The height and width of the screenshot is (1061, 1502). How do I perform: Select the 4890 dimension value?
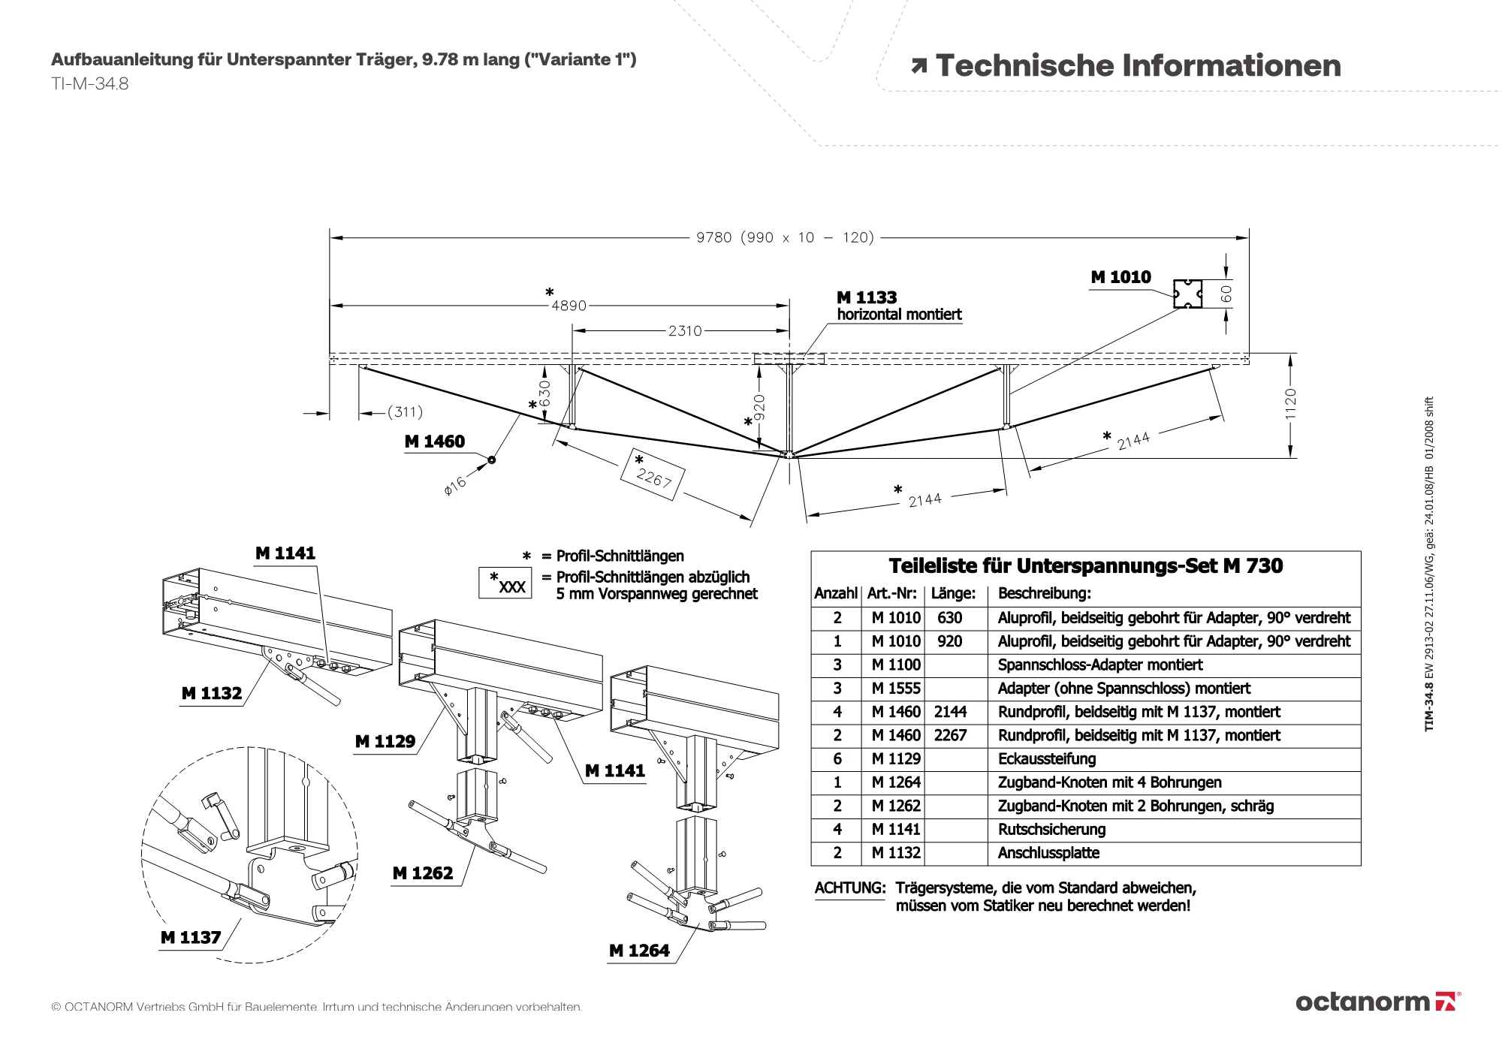point(569,306)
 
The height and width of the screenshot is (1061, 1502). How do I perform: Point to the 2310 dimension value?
point(685,330)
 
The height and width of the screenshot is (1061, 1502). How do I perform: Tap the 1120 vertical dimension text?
point(1290,404)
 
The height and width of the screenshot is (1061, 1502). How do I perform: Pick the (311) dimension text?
point(405,411)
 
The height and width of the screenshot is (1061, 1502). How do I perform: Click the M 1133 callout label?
point(867,297)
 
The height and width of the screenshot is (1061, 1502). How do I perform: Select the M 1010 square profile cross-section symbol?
point(1187,294)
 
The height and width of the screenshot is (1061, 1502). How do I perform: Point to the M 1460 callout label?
point(434,442)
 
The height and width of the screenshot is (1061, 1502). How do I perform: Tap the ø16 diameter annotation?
point(455,484)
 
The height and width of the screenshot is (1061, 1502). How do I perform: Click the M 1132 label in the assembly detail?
point(212,693)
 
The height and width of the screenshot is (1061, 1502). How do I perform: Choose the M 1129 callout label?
point(385,741)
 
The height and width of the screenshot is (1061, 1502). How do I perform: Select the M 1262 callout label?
point(423,873)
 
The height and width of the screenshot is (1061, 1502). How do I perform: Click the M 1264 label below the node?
point(639,951)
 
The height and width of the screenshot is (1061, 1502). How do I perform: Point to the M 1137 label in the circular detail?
point(191,937)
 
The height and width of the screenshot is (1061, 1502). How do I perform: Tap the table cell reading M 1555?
point(895,689)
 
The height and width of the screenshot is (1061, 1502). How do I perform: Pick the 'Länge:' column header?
point(953,594)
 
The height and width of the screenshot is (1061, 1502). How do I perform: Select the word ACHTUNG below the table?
point(850,888)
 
